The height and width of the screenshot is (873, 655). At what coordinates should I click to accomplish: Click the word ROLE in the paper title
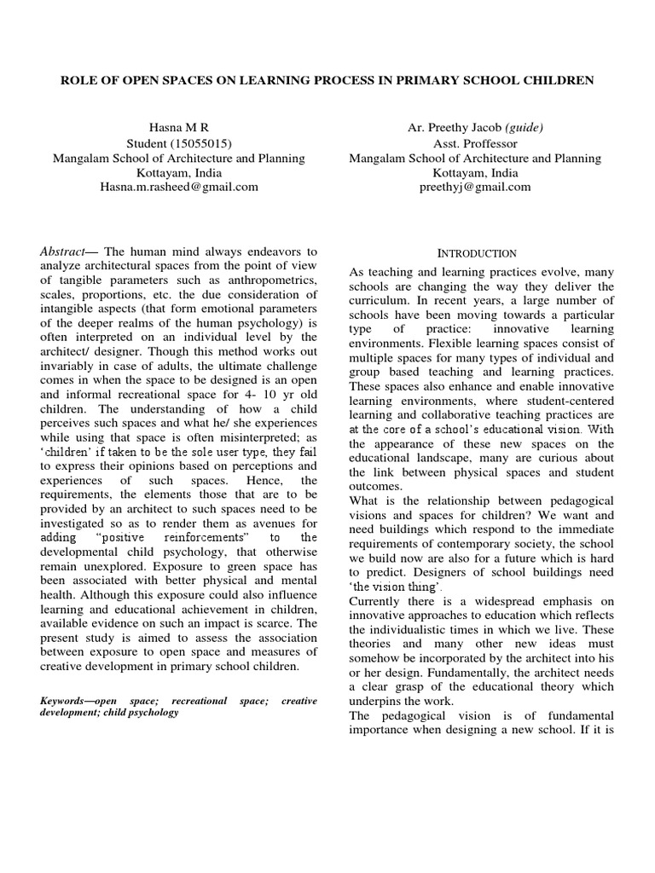(x=76, y=80)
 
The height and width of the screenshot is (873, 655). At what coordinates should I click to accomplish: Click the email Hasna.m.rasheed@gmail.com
(x=179, y=187)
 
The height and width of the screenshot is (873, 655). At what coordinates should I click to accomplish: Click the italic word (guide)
(x=524, y=128)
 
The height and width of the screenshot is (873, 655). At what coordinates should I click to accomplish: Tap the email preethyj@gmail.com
(x=475, y=187)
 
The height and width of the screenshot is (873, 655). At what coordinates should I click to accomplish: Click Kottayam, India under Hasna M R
(x=179, y=172)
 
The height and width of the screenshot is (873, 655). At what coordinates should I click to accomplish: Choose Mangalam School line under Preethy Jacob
(x=475, y=158)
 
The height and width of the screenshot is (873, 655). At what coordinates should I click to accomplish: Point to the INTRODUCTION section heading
(x=477, y=253)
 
